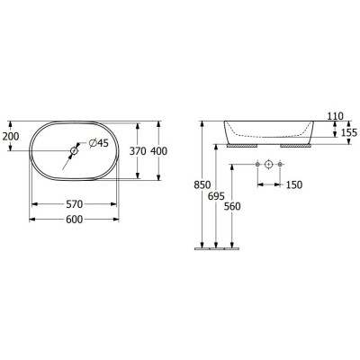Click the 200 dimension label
point(11,137)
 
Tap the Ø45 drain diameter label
point(99,143)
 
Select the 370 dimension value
point(138,151)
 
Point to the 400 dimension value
point(158,151)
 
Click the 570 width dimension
point(74,204)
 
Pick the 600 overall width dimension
point(74,220)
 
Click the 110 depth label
point(335,116)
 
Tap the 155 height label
point(349,132)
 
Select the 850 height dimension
point(202,185)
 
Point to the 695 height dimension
point(216,196)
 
